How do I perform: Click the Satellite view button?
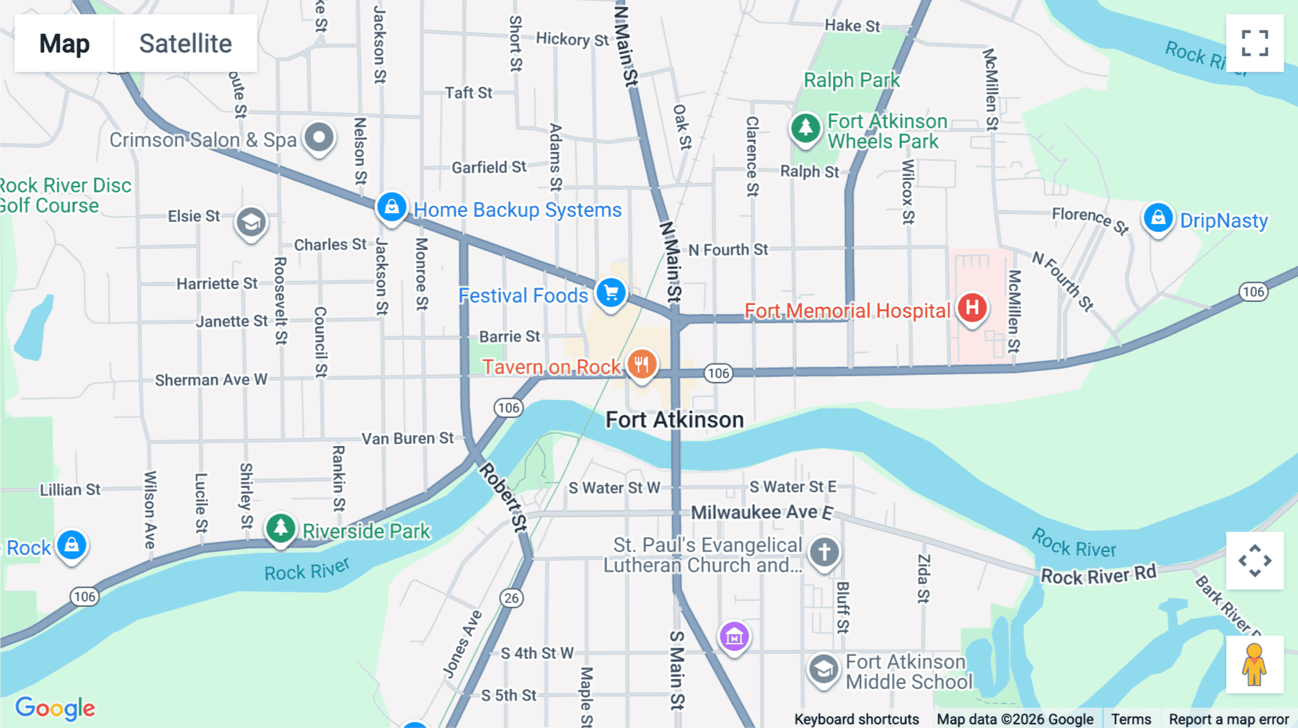(x=185, y=43)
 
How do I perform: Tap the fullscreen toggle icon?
(x=1255, y=43)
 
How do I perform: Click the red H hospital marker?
(x=972, y=308)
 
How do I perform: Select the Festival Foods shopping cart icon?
(x=611, y=293)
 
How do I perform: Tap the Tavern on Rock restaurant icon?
(x=641, y=365)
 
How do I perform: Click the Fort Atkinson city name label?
(x=674, y=420)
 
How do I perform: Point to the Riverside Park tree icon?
(x=281, y=528)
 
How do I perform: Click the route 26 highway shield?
(x=511, y=598)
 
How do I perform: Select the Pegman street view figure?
(x=1254, y=665)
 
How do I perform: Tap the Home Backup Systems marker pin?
(x=392, y=208)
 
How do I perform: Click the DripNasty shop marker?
(x=1158, y=218)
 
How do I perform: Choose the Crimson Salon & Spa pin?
(x=319, y=137)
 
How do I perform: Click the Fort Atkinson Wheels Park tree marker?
(x=805, y=129)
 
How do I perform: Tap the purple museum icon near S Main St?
(x=734, y=636)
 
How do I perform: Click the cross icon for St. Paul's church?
(x=824, y=553)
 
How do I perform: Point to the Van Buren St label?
(x=407, y=438)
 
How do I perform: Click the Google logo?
(x=55, y=708)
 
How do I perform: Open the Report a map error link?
(x=1228, y=719)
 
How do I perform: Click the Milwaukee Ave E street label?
(x=761, y=512)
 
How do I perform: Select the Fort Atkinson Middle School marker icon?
(x=823, y=670)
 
